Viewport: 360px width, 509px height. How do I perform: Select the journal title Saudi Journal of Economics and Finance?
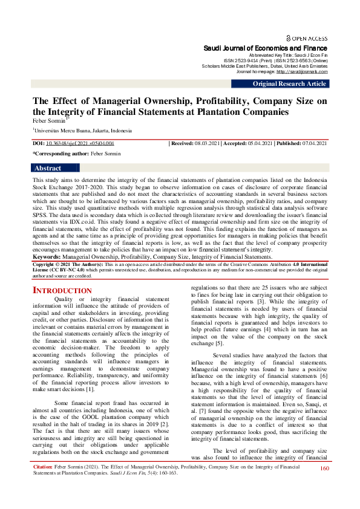tap(265, 48)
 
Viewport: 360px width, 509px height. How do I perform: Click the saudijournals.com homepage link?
tap(302, 71)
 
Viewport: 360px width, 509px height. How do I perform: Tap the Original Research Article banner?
tap(289, 83)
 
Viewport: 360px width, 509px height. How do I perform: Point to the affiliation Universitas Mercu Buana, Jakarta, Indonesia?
tap(83, 130)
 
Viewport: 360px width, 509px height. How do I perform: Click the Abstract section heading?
tap(48, 169)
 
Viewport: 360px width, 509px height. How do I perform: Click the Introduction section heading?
tap(62, 291)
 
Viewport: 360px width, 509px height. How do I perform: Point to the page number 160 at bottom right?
tap(324, 485)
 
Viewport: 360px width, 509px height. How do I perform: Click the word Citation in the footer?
tap(42, 484)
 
